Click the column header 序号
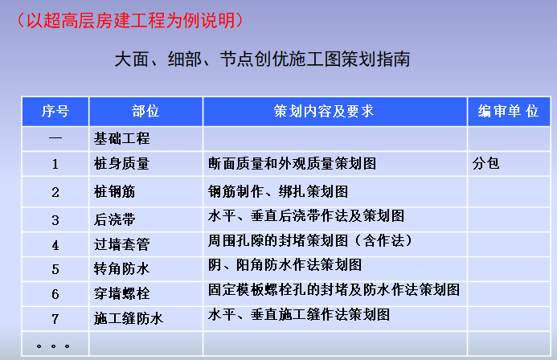[x=55, y=112]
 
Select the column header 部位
[x=145, y=112]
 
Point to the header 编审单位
[x=508, y=112]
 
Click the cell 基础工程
[x=122, y=138]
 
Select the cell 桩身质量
[x=122, y=164]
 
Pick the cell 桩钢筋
[x=117, y=191]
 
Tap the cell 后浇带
[x=117, y=219]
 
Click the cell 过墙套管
[x=122, y=244]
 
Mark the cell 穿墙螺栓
[x=122, y=293]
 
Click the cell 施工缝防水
[x=129, y=318]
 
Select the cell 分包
[x=486, y=163]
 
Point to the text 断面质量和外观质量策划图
[x=292, y=163]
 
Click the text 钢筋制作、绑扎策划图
[x=277, y=191]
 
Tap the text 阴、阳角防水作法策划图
[x=285, y=264]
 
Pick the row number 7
[x=55, y=319]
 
